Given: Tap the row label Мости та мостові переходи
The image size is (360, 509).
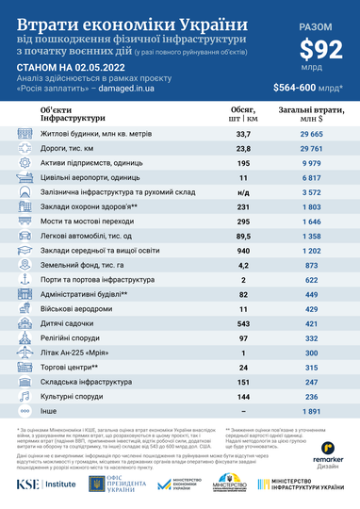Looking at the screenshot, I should tap(95, 219).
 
